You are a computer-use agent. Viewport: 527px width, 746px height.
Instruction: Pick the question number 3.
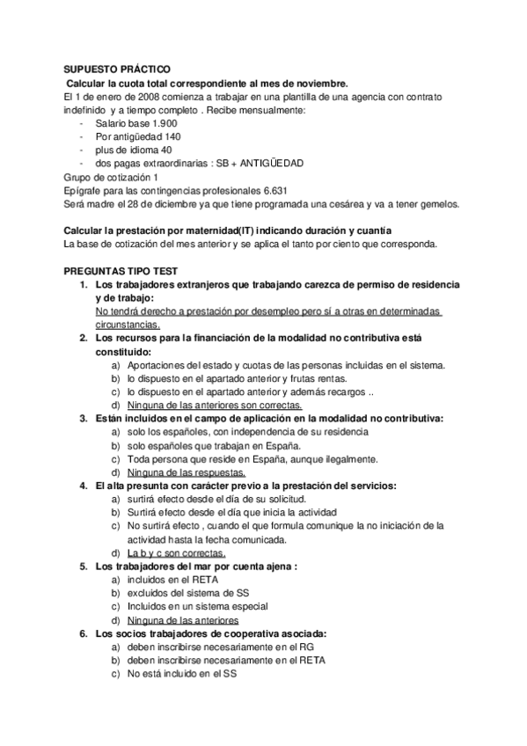[84, 418]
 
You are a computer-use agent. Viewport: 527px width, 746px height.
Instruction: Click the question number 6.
[84, 633]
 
